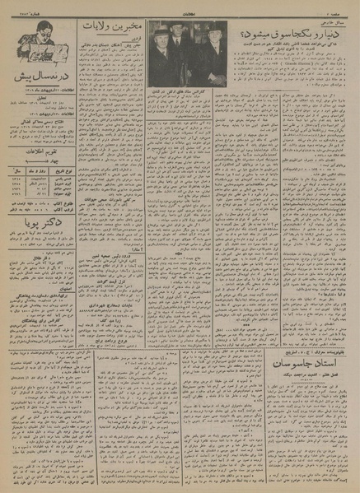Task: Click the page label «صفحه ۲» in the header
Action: click(341, 10)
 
